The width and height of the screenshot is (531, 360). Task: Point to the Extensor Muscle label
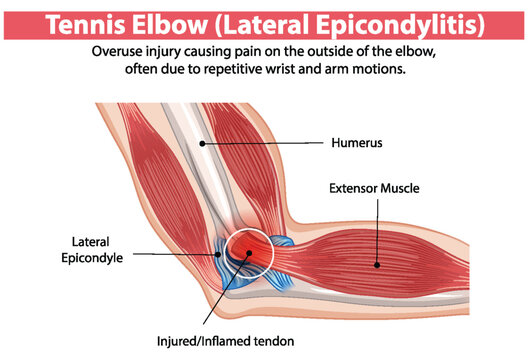374,187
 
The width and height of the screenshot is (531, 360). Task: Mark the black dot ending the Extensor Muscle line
376,265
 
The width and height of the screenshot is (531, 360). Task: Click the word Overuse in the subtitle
120,51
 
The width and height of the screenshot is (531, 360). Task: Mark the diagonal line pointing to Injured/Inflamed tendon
222,296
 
